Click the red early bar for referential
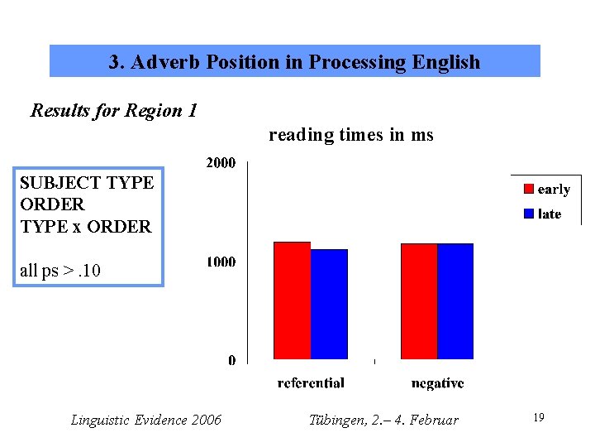tap(292, 300)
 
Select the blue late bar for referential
tap(329, 304)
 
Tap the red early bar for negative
tap(418, 301)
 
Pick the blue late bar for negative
tap(455, 301)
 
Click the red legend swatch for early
tap(528, 190)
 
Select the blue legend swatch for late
tap(528, 214)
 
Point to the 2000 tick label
tap(220, 163)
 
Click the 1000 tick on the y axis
tap(220, 262)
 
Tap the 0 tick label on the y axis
tap(231, 360)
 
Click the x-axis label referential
tap(311, 383)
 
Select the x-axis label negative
tap(437, 383)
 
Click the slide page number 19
tap(538, 418)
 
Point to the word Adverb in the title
tap(171, 62)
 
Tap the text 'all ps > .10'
tap(60, 270)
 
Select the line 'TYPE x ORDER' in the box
tap(85, 226)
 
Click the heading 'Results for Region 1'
tap(113, 110)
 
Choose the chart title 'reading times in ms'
tap(350, 135)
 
